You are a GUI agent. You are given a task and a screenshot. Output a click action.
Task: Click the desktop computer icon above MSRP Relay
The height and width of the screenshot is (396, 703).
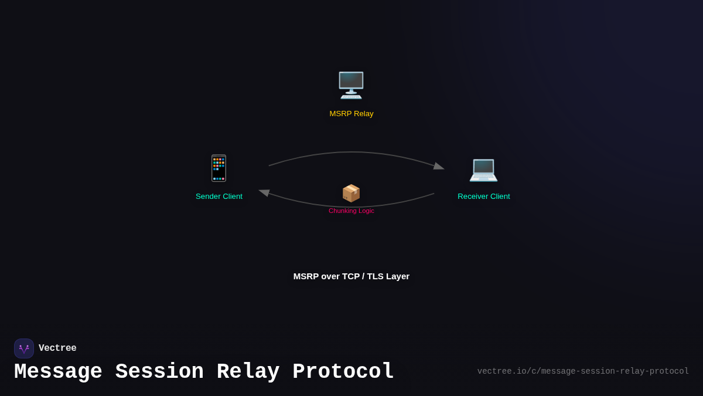(x=351, y=86)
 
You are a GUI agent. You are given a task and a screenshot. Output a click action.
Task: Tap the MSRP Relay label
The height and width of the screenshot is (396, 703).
(x=351, y=114)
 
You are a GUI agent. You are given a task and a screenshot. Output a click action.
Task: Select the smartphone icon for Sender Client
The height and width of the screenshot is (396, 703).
(x=219, y=168)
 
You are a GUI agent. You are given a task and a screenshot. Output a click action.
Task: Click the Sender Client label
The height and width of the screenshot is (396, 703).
(x=219, y=197)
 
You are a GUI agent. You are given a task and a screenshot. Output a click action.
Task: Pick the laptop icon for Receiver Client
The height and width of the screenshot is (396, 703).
(x=483, y=170)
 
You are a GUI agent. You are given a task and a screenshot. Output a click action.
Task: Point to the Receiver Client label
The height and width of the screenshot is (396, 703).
(x=484, y=197)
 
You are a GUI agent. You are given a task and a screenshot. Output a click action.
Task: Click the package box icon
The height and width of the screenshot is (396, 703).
(x=351, y=193)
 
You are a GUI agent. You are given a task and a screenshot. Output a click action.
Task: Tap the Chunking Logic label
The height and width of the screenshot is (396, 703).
(x=351, y=211)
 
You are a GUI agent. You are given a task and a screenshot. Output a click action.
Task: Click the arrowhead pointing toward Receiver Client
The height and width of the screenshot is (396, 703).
(x=439, y=167)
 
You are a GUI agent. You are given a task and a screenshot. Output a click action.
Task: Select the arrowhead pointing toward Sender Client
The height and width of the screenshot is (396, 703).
(x=264, y=192)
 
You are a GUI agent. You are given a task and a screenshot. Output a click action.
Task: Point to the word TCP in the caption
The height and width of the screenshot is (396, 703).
(x=349, y=276)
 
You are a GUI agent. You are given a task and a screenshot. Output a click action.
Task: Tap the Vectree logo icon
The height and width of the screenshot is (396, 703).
(x=24, y=348)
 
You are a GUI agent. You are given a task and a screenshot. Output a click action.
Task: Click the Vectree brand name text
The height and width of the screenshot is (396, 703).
(x=57, y=348)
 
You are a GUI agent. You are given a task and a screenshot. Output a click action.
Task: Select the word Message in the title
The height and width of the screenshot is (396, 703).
(x=58, y=372)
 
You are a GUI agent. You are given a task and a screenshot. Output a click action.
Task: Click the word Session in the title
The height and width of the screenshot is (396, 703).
(x=159, y=372)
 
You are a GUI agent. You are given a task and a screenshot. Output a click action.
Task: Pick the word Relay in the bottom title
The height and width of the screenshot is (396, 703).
(x=248, y=372)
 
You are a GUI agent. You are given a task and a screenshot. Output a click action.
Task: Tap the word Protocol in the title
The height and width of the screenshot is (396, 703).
(x=343, y=372)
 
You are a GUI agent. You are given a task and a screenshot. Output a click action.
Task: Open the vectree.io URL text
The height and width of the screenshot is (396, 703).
(x=583, y=371)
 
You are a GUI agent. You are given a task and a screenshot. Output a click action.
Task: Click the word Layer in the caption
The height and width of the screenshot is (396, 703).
(x=397, y=276)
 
